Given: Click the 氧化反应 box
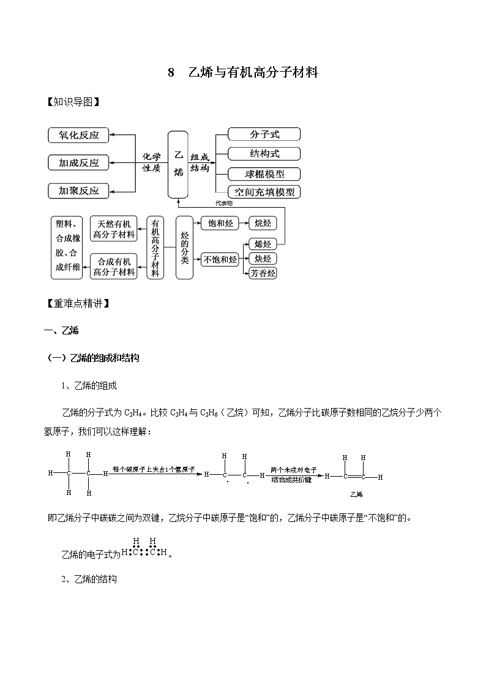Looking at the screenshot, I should coord(78,135).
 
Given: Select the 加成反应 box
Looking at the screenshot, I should coord(78,163).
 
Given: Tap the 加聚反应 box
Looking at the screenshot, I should coord(78,191).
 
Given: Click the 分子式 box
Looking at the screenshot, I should coord(263,134).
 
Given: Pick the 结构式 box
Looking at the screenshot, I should coord(263,153).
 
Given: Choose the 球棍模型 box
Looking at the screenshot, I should coord(263,173).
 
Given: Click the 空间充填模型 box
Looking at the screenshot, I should coord(263,192).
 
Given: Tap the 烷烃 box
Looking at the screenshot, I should coord(262,224).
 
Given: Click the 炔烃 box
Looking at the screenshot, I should coord(262,259).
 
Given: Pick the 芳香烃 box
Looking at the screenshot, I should coord(262,273).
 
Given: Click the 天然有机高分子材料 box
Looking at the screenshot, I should coord(113,229).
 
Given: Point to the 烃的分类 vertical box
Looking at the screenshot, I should coord(184,248).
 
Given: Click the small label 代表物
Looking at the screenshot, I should coord(223,203).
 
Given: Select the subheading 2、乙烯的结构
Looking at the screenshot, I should coord(89,579).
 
